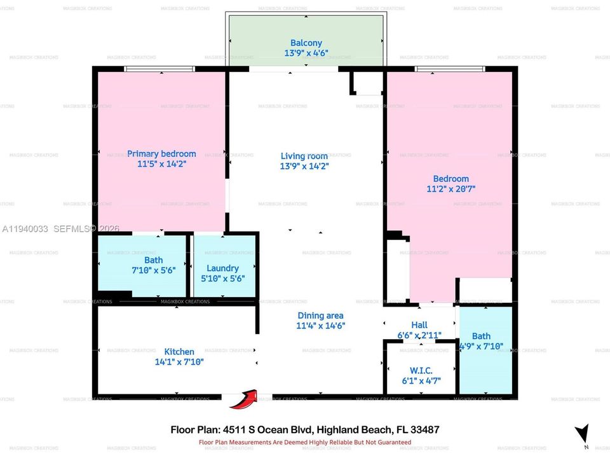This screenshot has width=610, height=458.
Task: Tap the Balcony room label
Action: pyautogui.click(x=306, y=43)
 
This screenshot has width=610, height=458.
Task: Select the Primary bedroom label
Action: pyautogui.click(x=161, y=153)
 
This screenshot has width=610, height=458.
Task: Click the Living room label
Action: pyautogui.click(x=304, y=156)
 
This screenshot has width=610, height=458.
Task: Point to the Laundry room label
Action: pyautogui.click(x=222, y=268)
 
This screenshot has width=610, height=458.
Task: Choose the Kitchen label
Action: pyautogui.click(x=179, y=352)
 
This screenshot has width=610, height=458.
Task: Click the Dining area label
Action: pyautogui.click(x=320, y=316)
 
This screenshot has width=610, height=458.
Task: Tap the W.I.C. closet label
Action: pyautogui.click(x=422, y=370)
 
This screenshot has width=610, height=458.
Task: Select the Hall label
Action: pyautogui.click(x=419, y=324)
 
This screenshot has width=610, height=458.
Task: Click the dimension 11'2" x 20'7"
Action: pyautogui.click(x=451, y=189)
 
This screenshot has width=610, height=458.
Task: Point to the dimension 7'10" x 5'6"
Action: pyautogui.click(x=153, y=270)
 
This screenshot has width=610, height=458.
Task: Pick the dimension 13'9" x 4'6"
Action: pyautogui.click(x=306, y=53)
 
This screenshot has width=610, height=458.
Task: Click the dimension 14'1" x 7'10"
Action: pyautogui.click(x=179, y=362)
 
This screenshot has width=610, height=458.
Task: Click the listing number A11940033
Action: pyautogui.click(x=26, y=228)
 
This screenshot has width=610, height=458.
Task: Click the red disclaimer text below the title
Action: pyautogui.click(x=305, y=442)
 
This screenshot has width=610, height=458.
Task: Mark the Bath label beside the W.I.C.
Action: pyautogui.click(x=481, y=336)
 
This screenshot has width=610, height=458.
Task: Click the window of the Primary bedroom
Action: pyautogui.click(x=159, y=69)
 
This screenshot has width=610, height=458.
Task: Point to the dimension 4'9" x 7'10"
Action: pyautogui.click(x=484, y=346)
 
